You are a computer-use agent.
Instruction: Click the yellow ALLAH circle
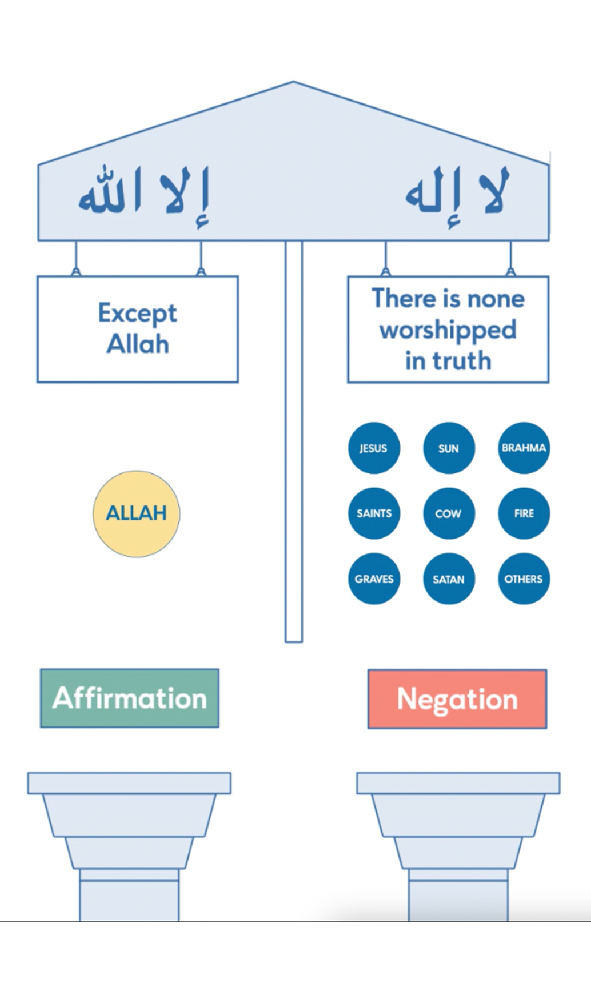pyautogui.click(x=136, y=513)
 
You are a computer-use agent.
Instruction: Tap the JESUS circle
pyautogui.click(x=374, y=448)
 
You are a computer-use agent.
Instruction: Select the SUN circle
pyautogui.click(x=449, y=448)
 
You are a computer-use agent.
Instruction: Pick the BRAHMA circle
pyautogui.click(x=524, y=448)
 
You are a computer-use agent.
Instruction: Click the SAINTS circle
pyautogui.click(x=374, y=513)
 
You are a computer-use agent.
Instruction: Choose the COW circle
pyautogui.click(x=449, y=513)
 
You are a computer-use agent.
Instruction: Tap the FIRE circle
pyautogui.click(x=524, y=513)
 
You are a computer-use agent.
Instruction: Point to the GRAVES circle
pyautogui.click(x=374, y=579)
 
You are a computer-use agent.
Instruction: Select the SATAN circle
pyautogui.click(x=449, y=579)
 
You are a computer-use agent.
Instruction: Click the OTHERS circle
pyautogui.click(x=524, y=579)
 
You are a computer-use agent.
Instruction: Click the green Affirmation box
pyautogui.click(x=130, y=698)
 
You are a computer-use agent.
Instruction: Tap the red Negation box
pyautogui.click(x=457, y=699)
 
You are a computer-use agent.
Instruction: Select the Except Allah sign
pyautogui.click(x=138, y=329)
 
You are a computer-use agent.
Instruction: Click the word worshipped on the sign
pyautogui.click(x=448, y=330)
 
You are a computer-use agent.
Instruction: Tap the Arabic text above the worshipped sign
pyautogui.click(x=456, y=194)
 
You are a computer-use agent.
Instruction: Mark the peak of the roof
pyautogui.click(x=293, y=83)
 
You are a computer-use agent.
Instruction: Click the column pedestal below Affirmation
pyautogui.click(x=129, y=845)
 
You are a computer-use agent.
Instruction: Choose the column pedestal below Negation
pyautogui.click(x=458, y=845)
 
